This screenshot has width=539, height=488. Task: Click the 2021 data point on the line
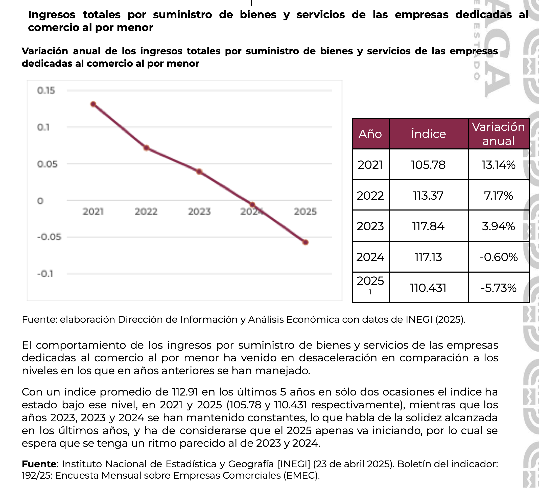(x=93, y=104)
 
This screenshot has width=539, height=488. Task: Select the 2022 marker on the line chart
(x=146, y=148)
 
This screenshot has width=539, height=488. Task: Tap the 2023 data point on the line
(x=199, y=171)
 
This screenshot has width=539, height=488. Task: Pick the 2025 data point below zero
(x=305, y=243)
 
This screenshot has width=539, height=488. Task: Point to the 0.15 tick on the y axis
(x=46, y=91)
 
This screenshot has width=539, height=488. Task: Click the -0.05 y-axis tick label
(x=49, y=237)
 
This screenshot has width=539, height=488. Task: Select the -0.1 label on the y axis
(x=45, y=274)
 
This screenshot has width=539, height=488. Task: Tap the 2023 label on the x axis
(x=199, y=212)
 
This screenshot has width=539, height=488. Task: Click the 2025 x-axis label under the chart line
(x=305, y=212)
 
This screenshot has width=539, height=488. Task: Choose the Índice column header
(x=428, y=134)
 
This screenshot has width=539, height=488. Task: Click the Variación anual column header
(x=498, y=134)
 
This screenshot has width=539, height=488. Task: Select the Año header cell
(x=370, y=134)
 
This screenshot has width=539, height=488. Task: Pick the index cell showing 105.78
(x=428, y=165)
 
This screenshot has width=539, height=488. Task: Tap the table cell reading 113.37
(x=428, y=195)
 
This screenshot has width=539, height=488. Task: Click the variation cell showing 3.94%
(x=498, y=226)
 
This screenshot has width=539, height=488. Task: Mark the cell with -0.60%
(x=498, y=257)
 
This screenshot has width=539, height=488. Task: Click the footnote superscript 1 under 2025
(x=370, y=292)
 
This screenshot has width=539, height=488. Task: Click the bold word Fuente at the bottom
(x=39, y=464)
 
